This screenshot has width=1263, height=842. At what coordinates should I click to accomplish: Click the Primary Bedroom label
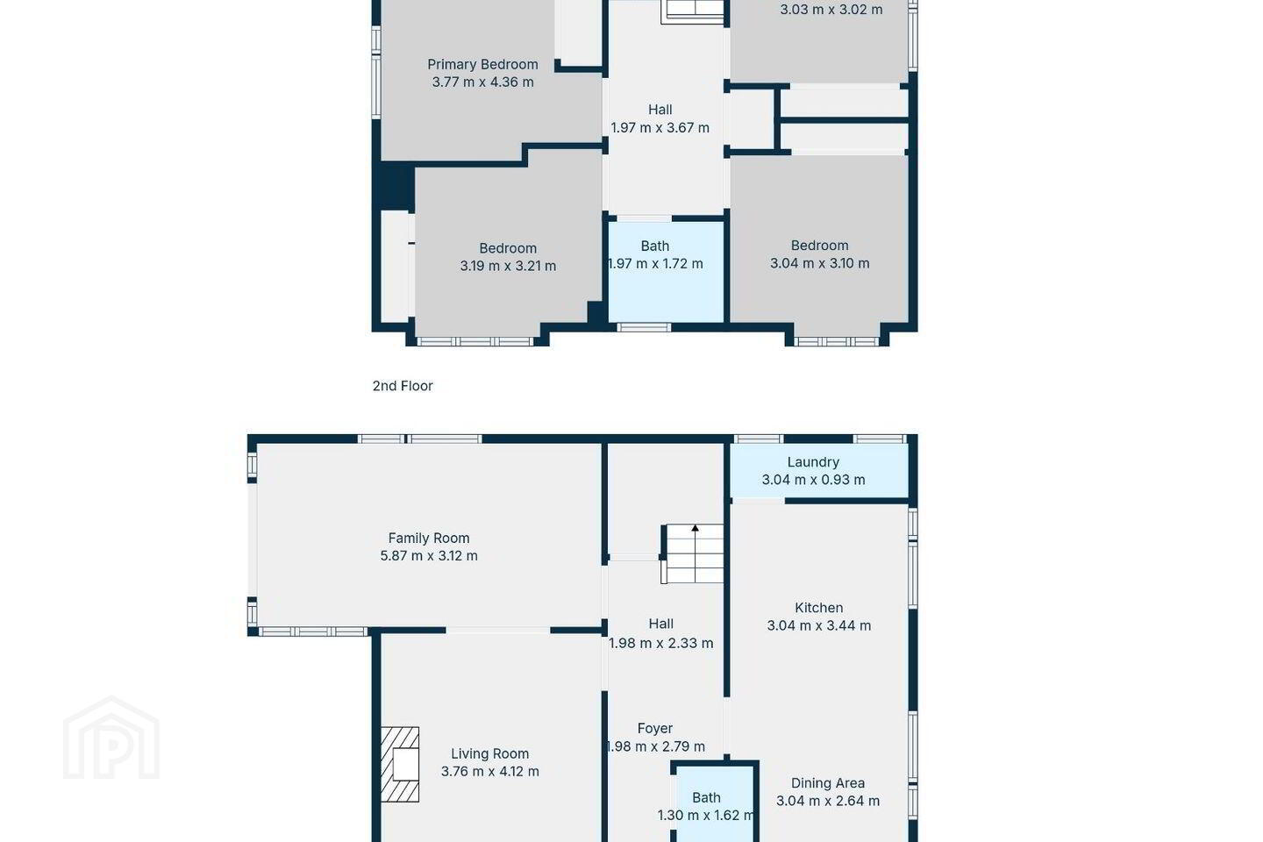click(482, 64)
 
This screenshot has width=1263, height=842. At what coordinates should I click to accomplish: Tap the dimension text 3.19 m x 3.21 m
click(508, 266)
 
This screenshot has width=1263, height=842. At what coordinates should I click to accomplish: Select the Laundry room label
click(813, 462)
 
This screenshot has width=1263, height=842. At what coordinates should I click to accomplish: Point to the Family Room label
click(429, 538)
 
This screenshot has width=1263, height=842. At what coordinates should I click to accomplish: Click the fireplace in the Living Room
click(400, 764)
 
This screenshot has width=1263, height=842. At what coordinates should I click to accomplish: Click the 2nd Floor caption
click(403, 386)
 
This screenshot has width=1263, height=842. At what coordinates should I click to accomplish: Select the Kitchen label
click(818, 608)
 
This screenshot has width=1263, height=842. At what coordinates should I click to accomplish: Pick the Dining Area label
click(828, 783)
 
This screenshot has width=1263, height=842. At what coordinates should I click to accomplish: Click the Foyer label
click(655, 729)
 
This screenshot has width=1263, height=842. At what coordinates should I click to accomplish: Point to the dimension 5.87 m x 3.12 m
click(429, 556)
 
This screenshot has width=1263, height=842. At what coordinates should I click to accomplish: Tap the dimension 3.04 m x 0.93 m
click(813, 480)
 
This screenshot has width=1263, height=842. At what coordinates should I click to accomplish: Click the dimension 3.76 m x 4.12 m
click(490, 772)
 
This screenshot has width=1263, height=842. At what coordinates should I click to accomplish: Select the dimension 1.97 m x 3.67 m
click(660, 128)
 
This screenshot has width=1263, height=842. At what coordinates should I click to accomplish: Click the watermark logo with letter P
click(111, 738)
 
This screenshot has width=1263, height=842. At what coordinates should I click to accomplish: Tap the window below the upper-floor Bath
click(644, 327)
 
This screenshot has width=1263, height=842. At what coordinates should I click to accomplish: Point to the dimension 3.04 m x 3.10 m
click(820, 263)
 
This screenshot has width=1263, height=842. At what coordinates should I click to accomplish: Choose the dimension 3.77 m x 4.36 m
click(482, 82)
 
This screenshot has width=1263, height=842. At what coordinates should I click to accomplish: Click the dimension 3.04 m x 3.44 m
click(818, 625)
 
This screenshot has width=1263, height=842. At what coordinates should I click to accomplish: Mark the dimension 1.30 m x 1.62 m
click(706, 816)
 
